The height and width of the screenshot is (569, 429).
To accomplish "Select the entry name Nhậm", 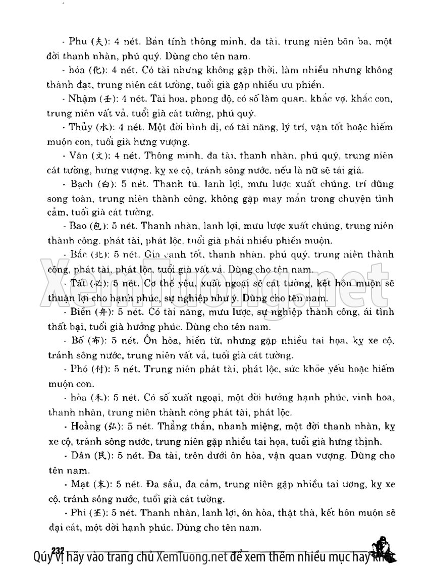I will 82,98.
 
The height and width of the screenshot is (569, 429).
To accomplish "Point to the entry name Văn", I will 80,155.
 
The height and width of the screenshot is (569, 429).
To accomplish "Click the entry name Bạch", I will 82,183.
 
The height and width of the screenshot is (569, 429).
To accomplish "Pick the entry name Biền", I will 81,313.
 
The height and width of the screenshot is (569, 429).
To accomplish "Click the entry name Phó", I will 79,369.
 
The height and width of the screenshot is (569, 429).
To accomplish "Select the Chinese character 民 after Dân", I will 102,455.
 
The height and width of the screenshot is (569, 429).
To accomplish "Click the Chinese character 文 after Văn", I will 102,155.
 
